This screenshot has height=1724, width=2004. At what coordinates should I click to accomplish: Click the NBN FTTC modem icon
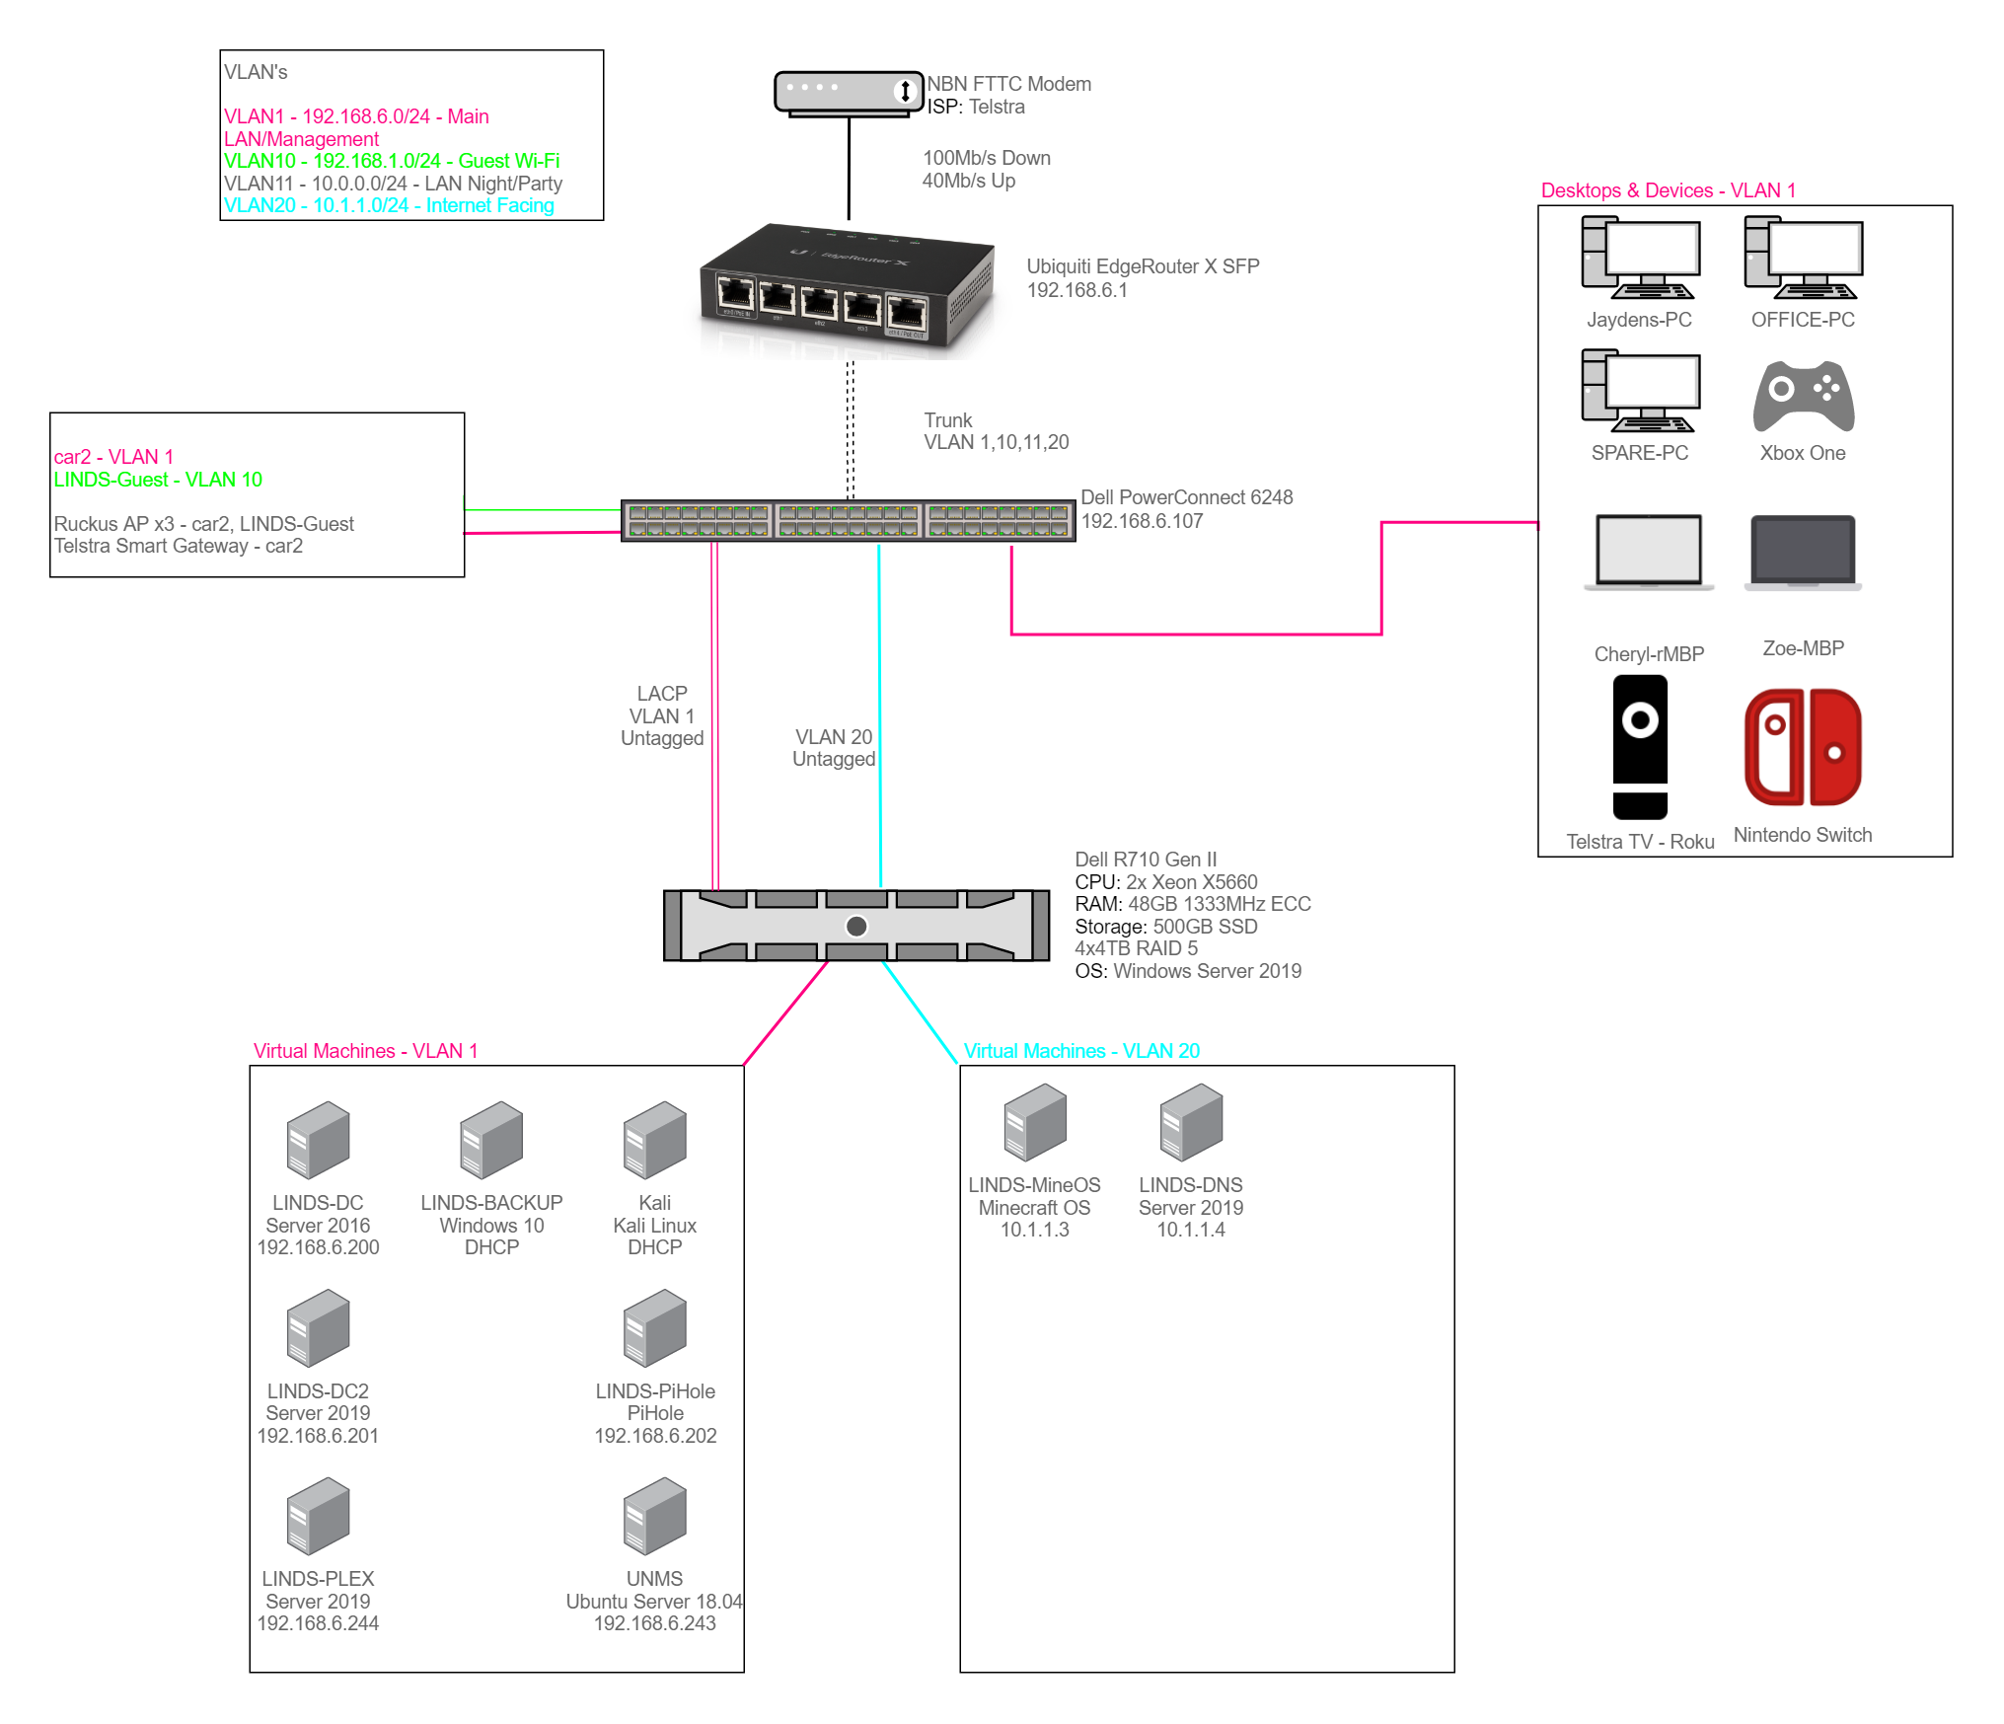pos(849,93)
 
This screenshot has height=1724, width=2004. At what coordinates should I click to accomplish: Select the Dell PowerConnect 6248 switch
pos(849,520)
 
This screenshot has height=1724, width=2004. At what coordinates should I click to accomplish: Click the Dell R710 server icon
pos(856,926)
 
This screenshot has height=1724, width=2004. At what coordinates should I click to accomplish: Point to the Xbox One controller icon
pos(1804,396)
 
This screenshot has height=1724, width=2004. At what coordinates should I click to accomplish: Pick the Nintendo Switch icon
pos(1803,747)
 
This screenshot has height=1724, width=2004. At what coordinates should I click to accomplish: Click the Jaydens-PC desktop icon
pos(1640,259)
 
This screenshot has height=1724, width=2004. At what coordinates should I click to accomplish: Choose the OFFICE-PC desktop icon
pos(1803,259)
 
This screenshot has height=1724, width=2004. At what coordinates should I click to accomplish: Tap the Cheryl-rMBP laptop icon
pos(1649,553)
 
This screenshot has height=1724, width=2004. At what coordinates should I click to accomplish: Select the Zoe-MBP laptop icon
pos(1803,553)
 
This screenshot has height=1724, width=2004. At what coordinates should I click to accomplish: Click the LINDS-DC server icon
pos(318,1141)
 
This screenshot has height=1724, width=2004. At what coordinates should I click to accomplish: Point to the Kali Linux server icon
pos(654,1141)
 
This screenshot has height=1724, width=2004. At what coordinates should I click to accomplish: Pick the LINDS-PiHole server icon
pos(654,1328)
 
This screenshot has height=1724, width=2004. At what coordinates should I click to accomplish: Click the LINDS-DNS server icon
pos(1191,1123)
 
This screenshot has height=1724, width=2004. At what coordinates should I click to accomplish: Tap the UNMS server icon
pos(654,1516)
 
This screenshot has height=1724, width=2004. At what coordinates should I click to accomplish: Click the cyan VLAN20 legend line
pos(389,205)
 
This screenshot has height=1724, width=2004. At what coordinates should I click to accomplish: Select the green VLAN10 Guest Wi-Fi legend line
pos(391,161)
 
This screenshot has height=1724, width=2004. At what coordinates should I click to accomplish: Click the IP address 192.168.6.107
pos(1142,521)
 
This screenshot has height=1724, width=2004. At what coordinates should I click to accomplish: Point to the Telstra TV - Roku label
pos(1640,842)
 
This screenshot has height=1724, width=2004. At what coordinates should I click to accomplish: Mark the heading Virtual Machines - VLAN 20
pos(1081,1051)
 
